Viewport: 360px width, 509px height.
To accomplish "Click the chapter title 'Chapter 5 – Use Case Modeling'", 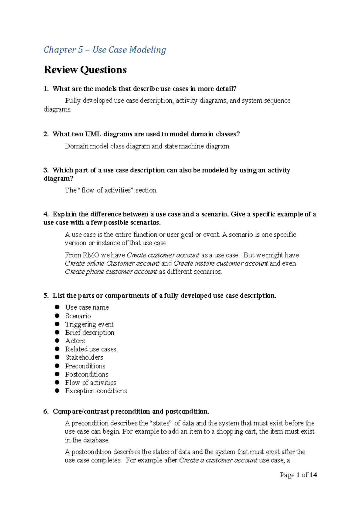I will (x=105, y=50).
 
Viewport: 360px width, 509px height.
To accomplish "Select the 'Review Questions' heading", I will (x=85, y=70).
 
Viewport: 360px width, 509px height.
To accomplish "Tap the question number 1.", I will (x=46, y=89).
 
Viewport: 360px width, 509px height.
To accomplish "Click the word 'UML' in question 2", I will (x=93, y=134).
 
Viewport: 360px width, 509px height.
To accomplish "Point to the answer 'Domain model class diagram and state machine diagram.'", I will (x=148, y=146).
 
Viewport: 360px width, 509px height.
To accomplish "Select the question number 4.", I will (x=46, y=214).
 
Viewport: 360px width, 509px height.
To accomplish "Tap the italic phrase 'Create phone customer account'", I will (x=111, y=272).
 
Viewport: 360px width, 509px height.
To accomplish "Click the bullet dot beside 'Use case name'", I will (x=57, y=307).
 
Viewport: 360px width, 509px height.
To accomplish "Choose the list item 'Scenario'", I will (x=78, y=316).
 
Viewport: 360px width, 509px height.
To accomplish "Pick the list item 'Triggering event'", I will (x=89, y=324).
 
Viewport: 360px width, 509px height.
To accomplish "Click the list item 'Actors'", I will (x=75, y=341).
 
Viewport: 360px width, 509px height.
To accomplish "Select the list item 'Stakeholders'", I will (x=84, y=357).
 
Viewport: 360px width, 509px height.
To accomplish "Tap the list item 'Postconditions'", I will (x=87, y=374).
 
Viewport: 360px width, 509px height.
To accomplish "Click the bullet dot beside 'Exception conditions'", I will (x=57, y=391).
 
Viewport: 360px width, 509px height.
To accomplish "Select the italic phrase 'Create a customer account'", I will (x=218, y=460).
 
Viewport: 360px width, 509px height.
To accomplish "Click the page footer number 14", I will (x=313, y=475).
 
